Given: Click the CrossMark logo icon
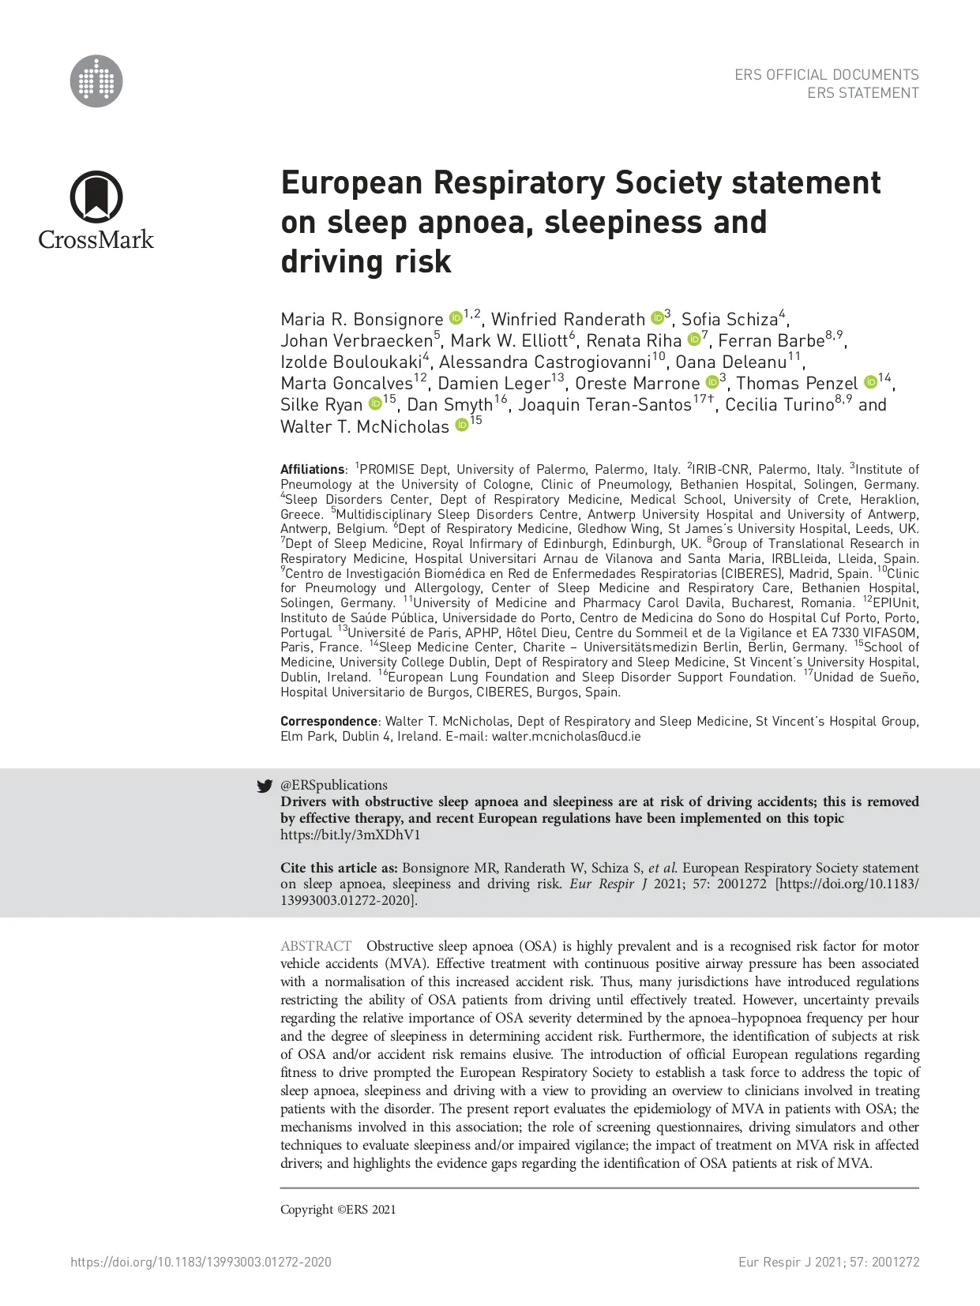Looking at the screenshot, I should point(96,197).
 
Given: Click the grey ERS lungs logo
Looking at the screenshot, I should point(96,81).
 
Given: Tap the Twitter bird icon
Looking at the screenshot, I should point(265,786).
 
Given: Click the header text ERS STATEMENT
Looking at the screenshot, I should point(862,93).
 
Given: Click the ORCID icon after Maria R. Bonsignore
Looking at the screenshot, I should point(456,318).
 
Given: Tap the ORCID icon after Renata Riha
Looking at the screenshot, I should point(693,340).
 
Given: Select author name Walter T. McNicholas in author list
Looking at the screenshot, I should point(364,426).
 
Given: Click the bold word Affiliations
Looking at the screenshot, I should point(312,469).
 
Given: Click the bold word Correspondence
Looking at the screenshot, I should point(329,721).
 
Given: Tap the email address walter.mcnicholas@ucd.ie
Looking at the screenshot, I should point(566,736).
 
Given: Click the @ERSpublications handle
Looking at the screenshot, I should point(334,785).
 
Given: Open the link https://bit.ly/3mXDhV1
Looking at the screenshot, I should point(350,835).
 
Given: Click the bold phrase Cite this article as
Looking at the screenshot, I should point(339,868).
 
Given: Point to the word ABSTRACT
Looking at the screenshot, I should point(316,946).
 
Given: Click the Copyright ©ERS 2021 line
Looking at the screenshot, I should point(338,1209).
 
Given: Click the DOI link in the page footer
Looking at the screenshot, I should point(201,1262).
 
